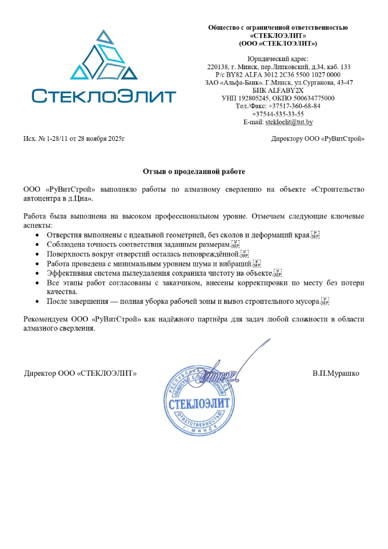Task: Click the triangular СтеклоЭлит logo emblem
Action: (x=103, y=57)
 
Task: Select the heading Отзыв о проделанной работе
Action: (x=194, y=171)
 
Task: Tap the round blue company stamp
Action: (x=199, y=401)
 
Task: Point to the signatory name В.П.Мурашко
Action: (x=336, y=373)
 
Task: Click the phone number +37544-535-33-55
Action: (x=278, y=114)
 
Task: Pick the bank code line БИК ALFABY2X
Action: (x=278, y=90)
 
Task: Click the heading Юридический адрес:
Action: (x=278, y=59)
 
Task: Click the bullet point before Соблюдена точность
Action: (x=37, y=245)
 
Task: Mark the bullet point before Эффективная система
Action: (x=37, y=273)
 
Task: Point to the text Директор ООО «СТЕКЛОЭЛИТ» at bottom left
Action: (x=80, y=373)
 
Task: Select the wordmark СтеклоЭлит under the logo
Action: (x=103, y=96)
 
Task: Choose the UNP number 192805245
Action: (x=258, y=98)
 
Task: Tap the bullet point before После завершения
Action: (x=37, y=301)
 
